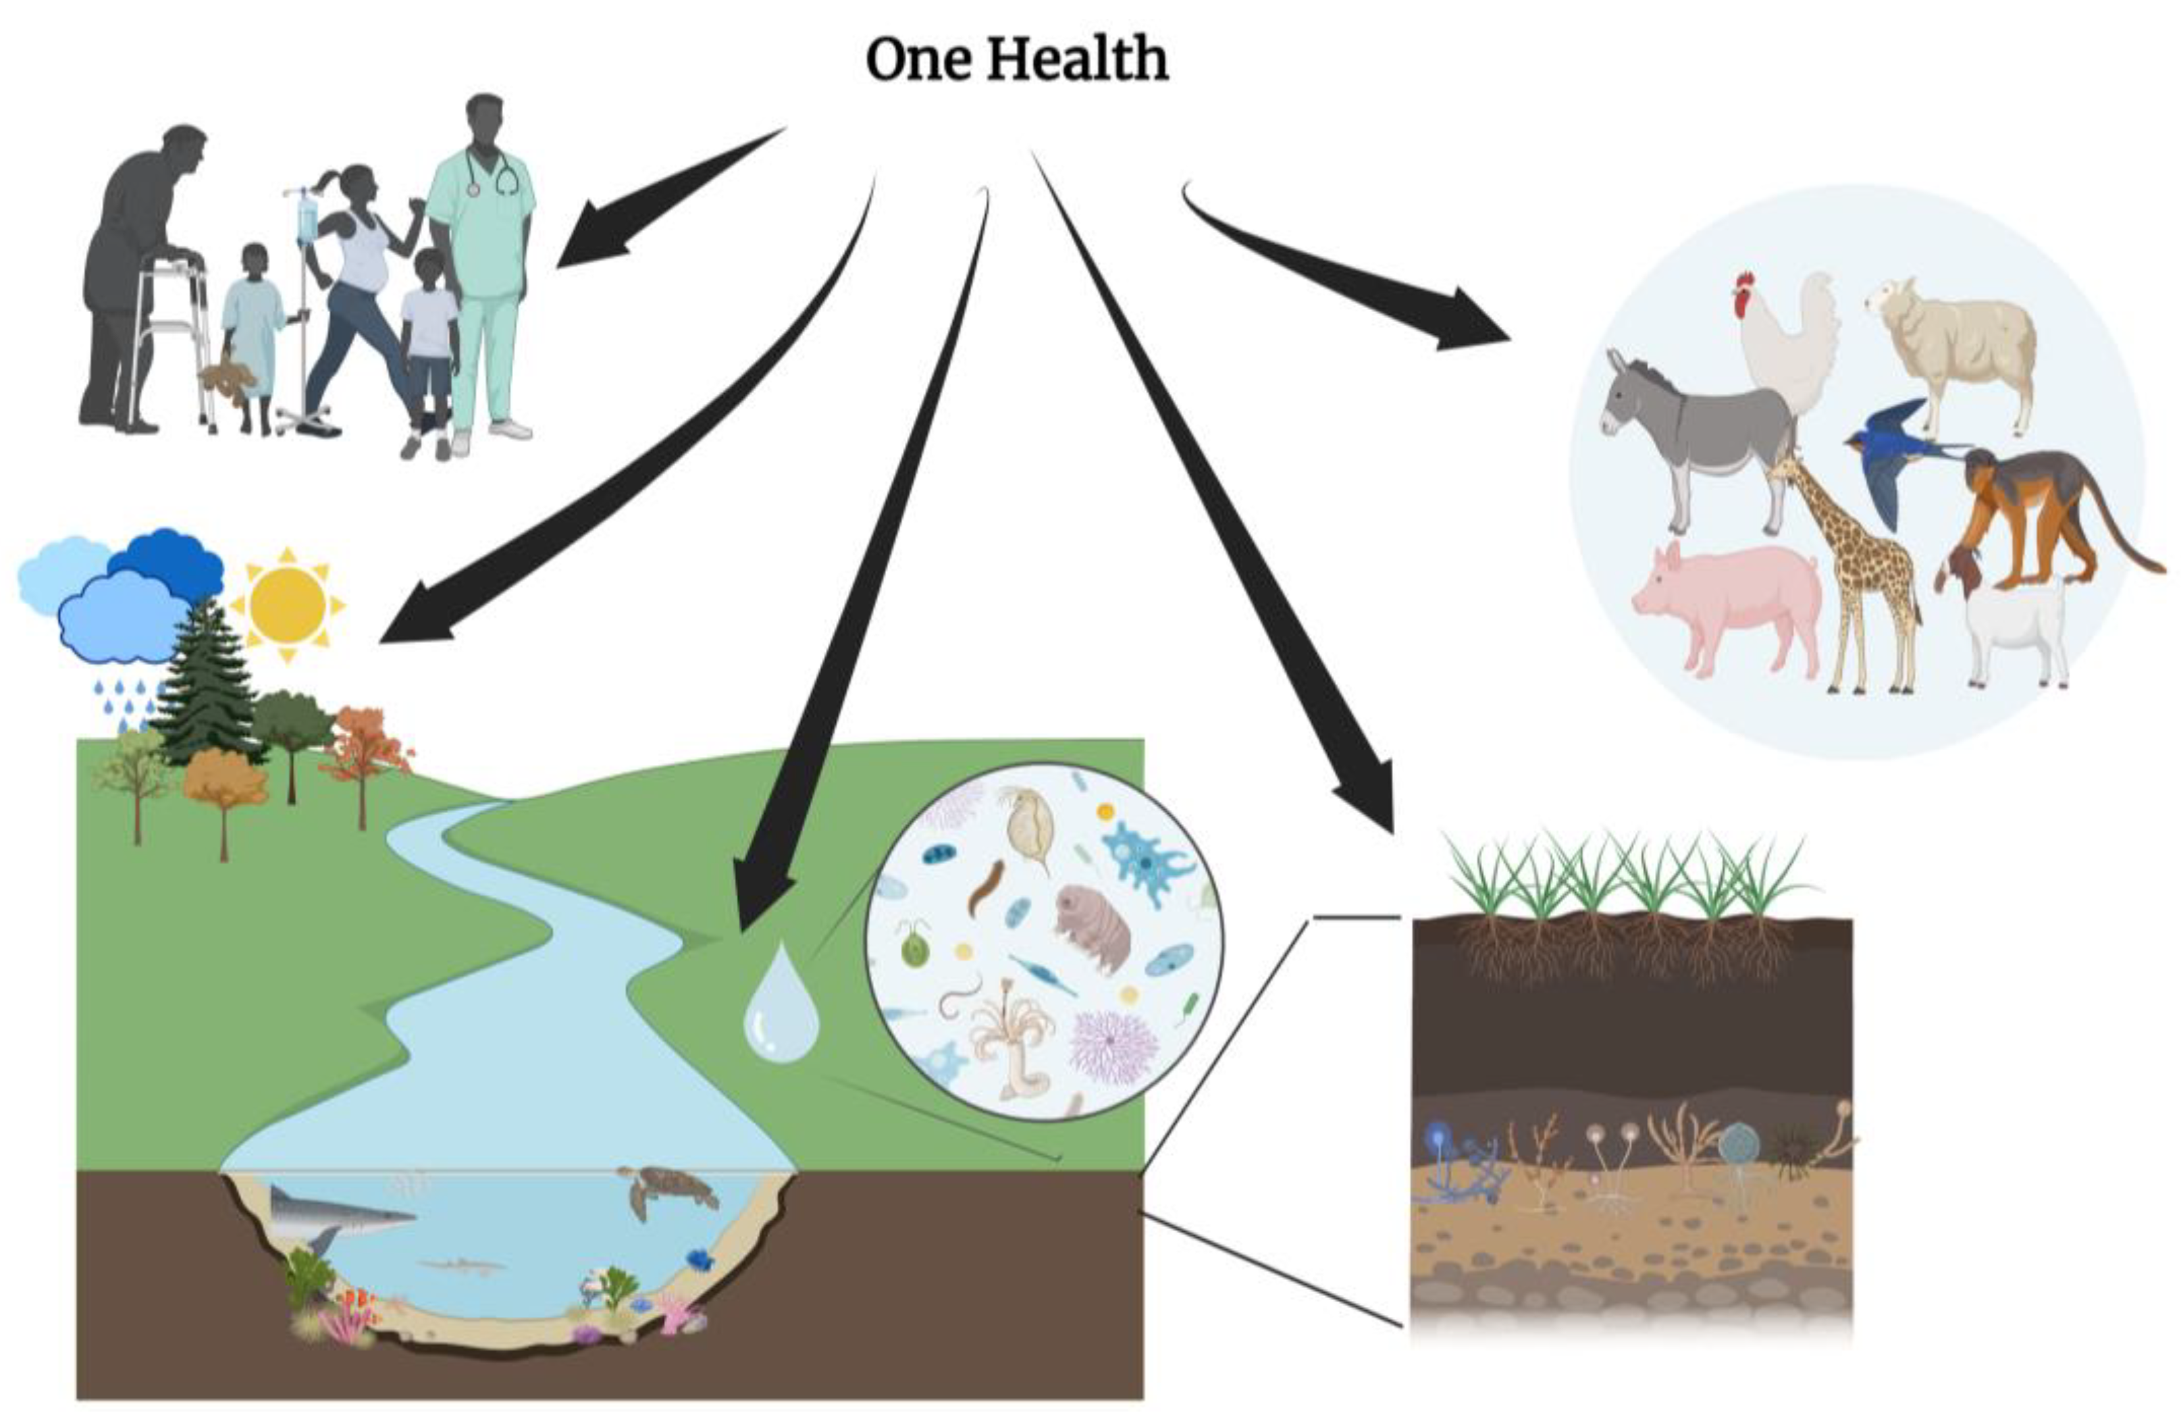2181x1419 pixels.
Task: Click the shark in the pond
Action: (x=339, y=1214)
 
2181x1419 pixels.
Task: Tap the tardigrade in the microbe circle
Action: (x=1093, y=926)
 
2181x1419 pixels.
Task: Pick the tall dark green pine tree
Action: (x=206, y=688)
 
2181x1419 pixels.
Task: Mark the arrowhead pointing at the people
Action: (x=587, y=243)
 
